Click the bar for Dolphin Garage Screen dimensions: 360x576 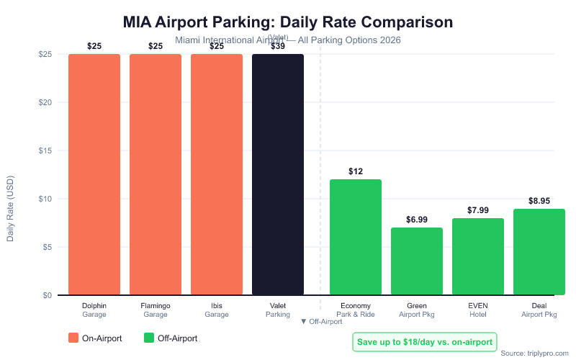point(94,174)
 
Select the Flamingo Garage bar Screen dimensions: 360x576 point(156,174)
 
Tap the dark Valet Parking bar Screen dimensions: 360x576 point(278,174)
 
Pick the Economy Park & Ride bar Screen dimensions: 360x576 point(356,238)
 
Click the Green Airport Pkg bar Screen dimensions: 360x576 point(417,261)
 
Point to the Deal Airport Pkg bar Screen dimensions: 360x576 point(539,252)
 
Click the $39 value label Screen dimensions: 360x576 point(278,46)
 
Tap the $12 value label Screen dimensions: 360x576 point(356,171)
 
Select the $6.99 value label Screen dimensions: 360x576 point(417,220)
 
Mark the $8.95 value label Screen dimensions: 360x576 point(539,201)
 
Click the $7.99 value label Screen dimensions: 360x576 point(478,210)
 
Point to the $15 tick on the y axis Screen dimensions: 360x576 point(46,150)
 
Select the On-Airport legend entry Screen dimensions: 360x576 point(95,338)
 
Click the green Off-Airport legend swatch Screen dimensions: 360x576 point(149,338)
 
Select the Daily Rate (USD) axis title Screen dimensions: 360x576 point(11,207)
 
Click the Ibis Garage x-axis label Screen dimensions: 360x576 point(217,310)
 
